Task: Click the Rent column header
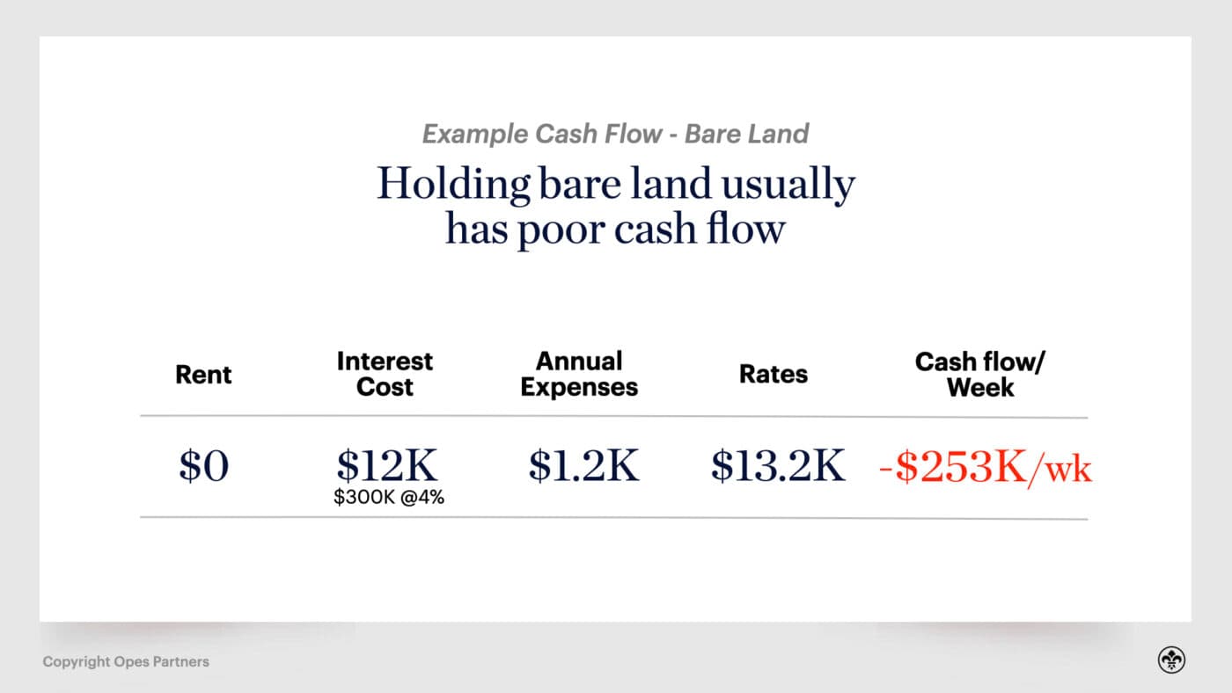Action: coord(203,374)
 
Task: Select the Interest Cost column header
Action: coord(385,374)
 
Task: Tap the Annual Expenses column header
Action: coord(579,374)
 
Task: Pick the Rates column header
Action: coord(774,374)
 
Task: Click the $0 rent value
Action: coord(203,465)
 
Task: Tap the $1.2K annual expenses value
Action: coord(583,465)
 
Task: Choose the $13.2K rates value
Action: coord(778,465)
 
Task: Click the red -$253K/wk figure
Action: coord(986,467)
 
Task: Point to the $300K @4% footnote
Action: coord(388,497)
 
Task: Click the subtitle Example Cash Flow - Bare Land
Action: coord(615,134)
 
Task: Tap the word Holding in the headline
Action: coord(453,185)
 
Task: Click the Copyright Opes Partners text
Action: coord(126,661)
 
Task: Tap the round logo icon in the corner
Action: coord(1171,660)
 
